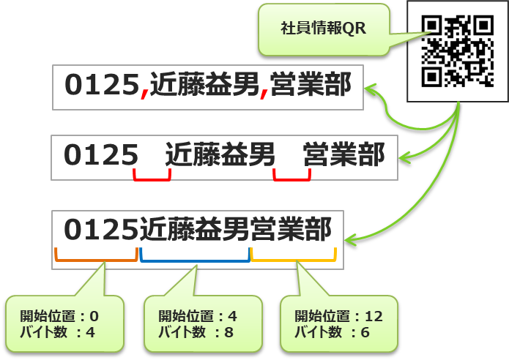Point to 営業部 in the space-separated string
tap(343, 154)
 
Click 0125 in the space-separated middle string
tap(101, 154)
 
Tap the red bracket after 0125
tap(152, 176)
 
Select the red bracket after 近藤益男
tap(291, 176)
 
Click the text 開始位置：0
tap(59, 317)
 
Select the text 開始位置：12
tap(338, 317)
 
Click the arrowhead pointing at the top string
tap(371, 89)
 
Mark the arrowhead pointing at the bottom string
tap(351, 238)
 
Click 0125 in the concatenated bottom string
tap(101, 230)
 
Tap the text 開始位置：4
tap(198, 317)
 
